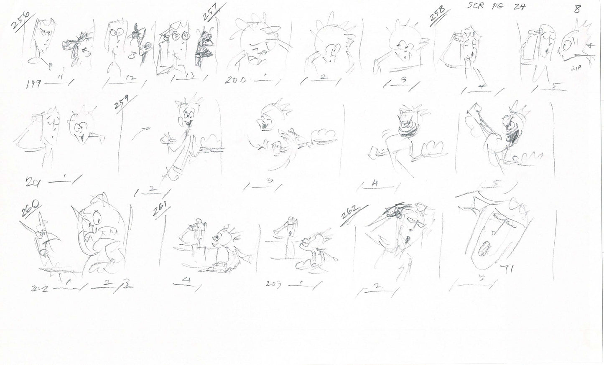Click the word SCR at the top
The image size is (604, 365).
click(475, 7)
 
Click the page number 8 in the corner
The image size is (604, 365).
click(577, 9)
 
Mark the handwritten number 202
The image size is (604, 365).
click(40, 288)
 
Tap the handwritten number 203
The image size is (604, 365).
click(275, 284)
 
